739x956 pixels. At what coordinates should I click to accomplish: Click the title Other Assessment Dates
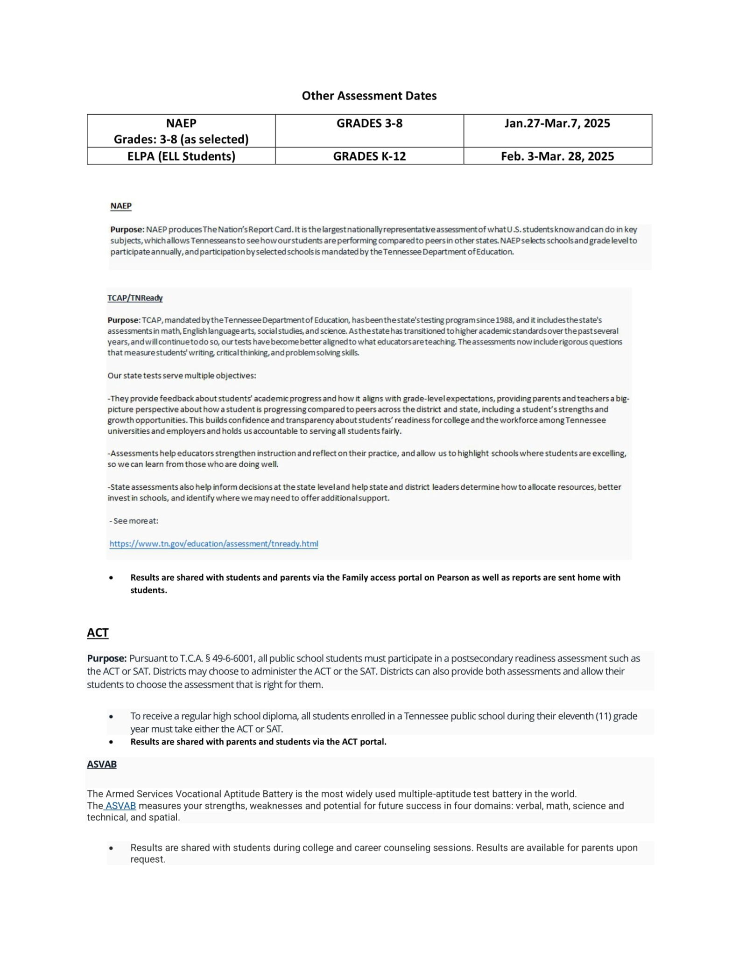369,96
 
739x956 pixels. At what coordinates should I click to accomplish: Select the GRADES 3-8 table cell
369,124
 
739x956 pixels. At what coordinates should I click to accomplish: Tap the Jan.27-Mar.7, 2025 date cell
557,124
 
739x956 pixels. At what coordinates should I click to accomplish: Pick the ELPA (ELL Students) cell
181,156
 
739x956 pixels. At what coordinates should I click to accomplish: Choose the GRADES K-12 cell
369,156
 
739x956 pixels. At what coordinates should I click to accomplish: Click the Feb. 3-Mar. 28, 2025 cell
557,156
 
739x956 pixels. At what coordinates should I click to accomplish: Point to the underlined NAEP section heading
121,206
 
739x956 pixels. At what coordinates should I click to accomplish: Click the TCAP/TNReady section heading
135,298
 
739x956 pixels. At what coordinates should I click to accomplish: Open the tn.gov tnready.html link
214,544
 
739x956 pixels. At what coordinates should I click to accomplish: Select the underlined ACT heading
98,633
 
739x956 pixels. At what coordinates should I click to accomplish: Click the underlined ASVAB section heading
102,764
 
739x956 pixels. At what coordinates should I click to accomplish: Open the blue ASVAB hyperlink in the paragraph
120,806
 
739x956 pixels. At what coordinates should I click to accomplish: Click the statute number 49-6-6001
232,659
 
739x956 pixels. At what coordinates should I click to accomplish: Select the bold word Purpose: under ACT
106,659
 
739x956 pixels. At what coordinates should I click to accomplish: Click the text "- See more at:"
134,521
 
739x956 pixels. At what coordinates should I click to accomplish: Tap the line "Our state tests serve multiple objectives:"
182,376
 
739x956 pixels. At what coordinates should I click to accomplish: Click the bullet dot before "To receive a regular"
111,717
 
